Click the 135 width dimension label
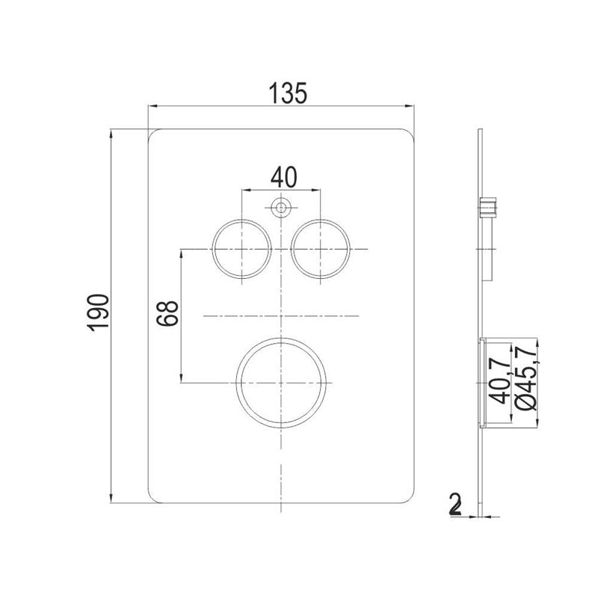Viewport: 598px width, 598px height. [x=288, y=93]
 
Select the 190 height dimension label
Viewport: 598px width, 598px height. [x=98, y=312]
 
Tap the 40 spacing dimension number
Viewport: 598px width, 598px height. [x=283, y=177]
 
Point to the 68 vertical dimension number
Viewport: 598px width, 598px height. [x=167, y=313]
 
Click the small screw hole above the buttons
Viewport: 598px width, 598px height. [x=281, y=208]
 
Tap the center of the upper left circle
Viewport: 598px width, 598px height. [x=242, y=249]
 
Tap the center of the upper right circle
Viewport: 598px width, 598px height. [x=321, y=249]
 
